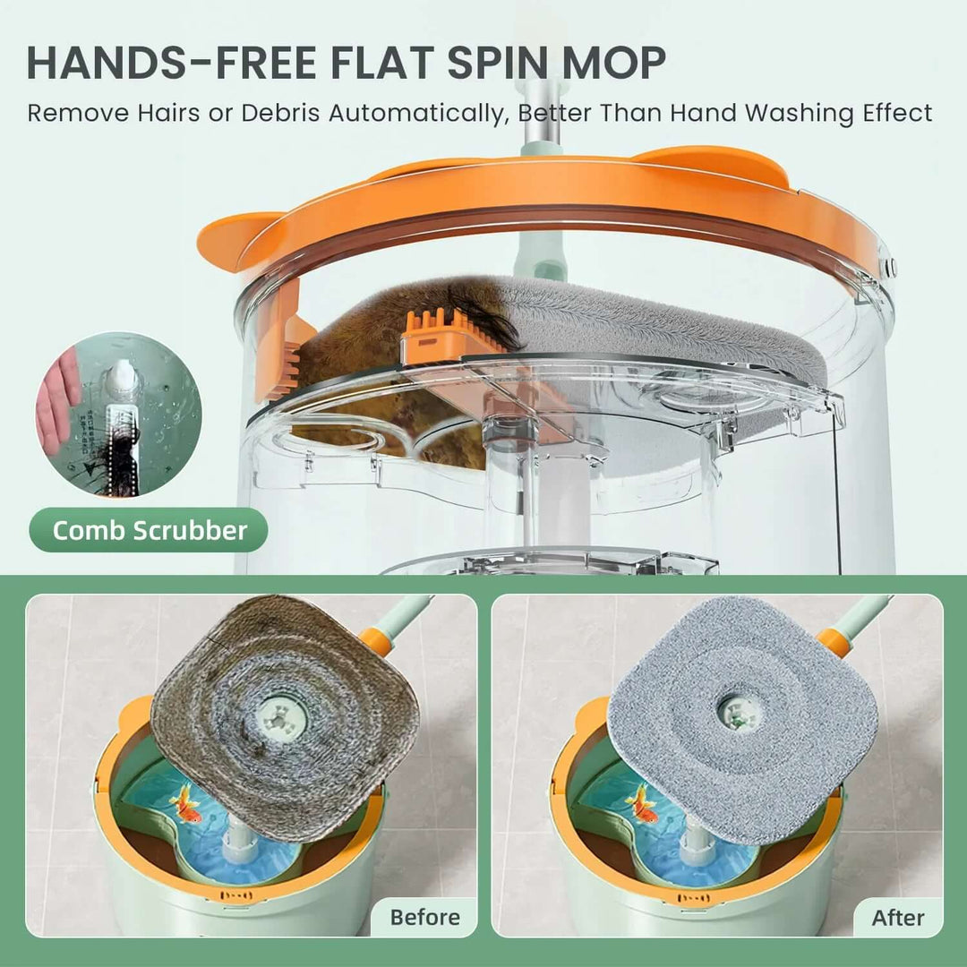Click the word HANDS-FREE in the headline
[170, 63]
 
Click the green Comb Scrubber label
[149, 530]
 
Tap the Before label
[425, 917]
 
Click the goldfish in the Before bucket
[186, 801]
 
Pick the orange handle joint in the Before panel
[374, 640]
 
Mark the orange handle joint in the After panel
[834, 640]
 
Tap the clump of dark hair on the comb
[490, 318]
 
